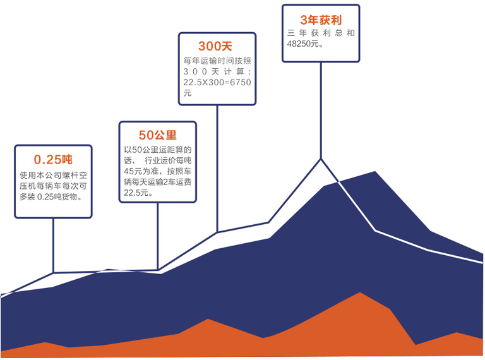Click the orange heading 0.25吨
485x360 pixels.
point(53,160)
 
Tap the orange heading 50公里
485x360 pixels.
point(157,135)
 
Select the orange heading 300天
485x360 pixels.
point(215,46)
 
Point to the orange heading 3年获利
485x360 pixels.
point(321,20)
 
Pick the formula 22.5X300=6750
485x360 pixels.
point(217,82)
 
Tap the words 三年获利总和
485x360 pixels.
point(321,33)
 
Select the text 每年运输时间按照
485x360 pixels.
point(217,61)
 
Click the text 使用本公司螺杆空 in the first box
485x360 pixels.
point(53,176)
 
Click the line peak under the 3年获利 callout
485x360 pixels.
point(321,159)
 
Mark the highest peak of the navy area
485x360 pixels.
point(375,172)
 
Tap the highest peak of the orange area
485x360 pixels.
point(360,292)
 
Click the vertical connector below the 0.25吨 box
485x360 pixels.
point(53,246)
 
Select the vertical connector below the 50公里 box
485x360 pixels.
point(158,236)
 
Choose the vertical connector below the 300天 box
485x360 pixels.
point(217,169)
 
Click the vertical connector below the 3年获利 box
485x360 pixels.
point(321,111)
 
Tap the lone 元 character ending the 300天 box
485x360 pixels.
point(187,93)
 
